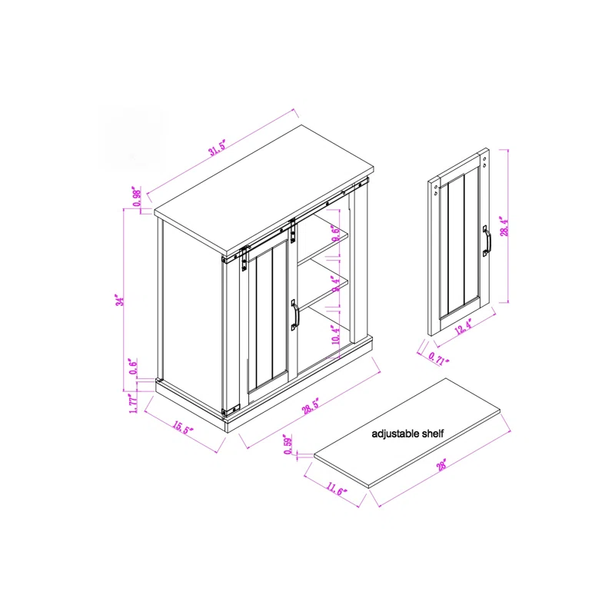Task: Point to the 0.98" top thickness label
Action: pyautogui.click(x=135, y=197)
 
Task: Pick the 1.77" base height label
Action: pyautogui.click(x=133, y=404)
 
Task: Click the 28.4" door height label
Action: pyautogui.click(x=504, y=228)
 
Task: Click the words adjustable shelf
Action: pyautogui.click(x=407, y=434)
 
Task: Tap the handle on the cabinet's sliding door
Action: pyautogui.click(x=293, y=315)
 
